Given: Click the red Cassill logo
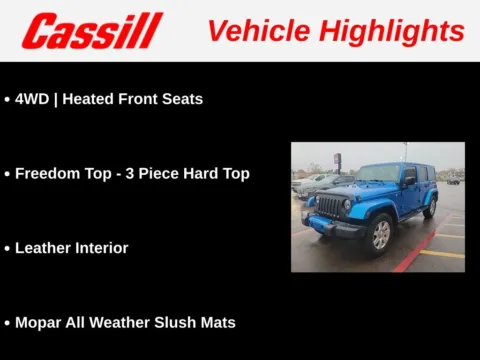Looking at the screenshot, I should coord(92,31).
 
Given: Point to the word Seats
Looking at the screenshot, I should coord(182,99).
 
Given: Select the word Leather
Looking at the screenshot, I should coord(44,248).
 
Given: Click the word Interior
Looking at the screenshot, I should coord(102,248).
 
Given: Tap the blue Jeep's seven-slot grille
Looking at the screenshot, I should coord(329,207).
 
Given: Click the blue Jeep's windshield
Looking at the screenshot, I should coord(377,174).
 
